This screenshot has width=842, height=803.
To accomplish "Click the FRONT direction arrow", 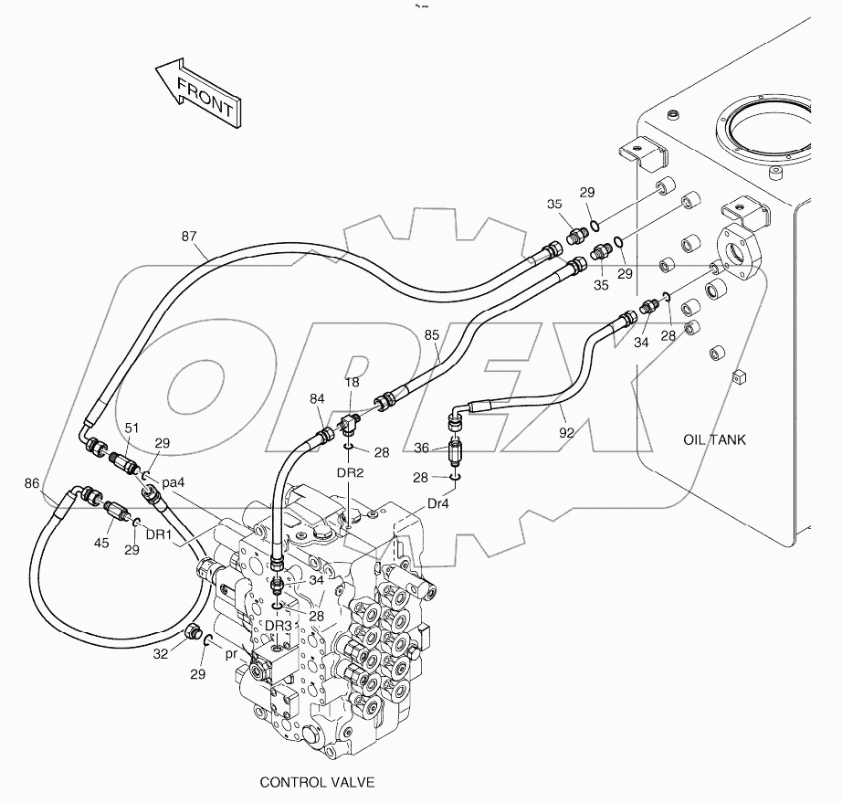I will click(195, 94).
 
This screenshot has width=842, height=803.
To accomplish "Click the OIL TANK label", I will click(714, 439).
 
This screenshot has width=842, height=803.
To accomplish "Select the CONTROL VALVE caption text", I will click(317, 782).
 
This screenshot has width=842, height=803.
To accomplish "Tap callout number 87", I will click(189, 237).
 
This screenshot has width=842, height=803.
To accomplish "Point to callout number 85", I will click(432, 335).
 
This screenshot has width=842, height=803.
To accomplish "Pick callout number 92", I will click(566, 433).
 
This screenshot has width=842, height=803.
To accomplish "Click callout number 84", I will click(317, 398).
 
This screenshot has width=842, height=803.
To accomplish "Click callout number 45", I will click(102, 544).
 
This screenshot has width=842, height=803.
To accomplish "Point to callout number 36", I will click(422, 448).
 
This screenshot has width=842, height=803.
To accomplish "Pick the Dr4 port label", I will click(439, 503).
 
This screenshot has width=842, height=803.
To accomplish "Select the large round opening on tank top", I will click(764, 133).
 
